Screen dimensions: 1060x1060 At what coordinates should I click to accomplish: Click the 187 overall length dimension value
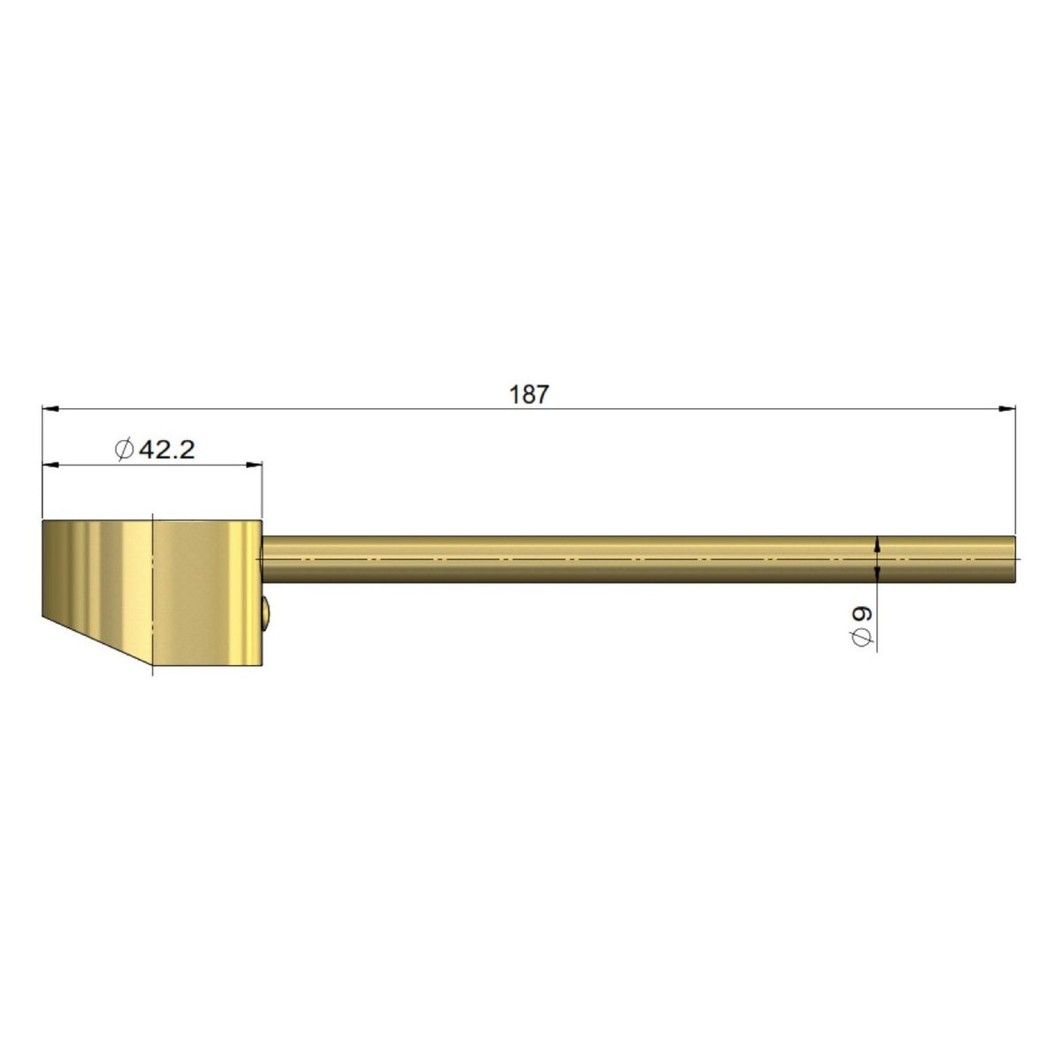[x=528, y=394]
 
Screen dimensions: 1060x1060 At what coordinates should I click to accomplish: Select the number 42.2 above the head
[x=167, y=450]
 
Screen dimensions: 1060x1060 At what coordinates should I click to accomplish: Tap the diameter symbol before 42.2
[x=125, y=450]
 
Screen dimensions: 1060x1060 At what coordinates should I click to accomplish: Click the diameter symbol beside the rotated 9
[x=862, y=637]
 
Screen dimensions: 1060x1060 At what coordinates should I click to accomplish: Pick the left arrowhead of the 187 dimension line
[x=50, y=409]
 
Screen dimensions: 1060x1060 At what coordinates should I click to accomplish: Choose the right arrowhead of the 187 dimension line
[x=1007, y=409]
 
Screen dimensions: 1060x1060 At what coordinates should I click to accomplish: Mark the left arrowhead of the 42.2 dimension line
[x=50, y=465]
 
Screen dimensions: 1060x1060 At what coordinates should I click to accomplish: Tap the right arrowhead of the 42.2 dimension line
[x=254, y=465]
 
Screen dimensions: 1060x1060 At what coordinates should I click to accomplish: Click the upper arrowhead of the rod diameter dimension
[x=877, y=544]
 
